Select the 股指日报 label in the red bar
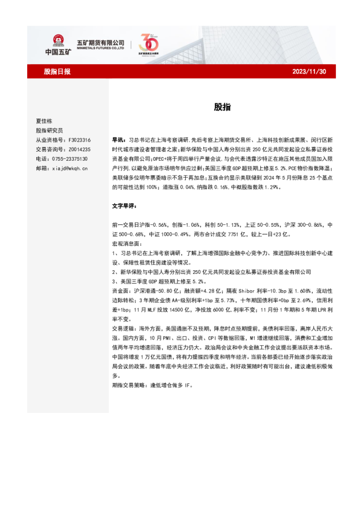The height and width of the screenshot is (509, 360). point(57,71)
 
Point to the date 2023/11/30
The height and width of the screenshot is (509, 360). point(309,71)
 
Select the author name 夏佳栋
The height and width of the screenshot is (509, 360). point(44,121)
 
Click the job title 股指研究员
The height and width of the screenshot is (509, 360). point(48,130)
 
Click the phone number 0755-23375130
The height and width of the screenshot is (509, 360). point(71,158)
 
